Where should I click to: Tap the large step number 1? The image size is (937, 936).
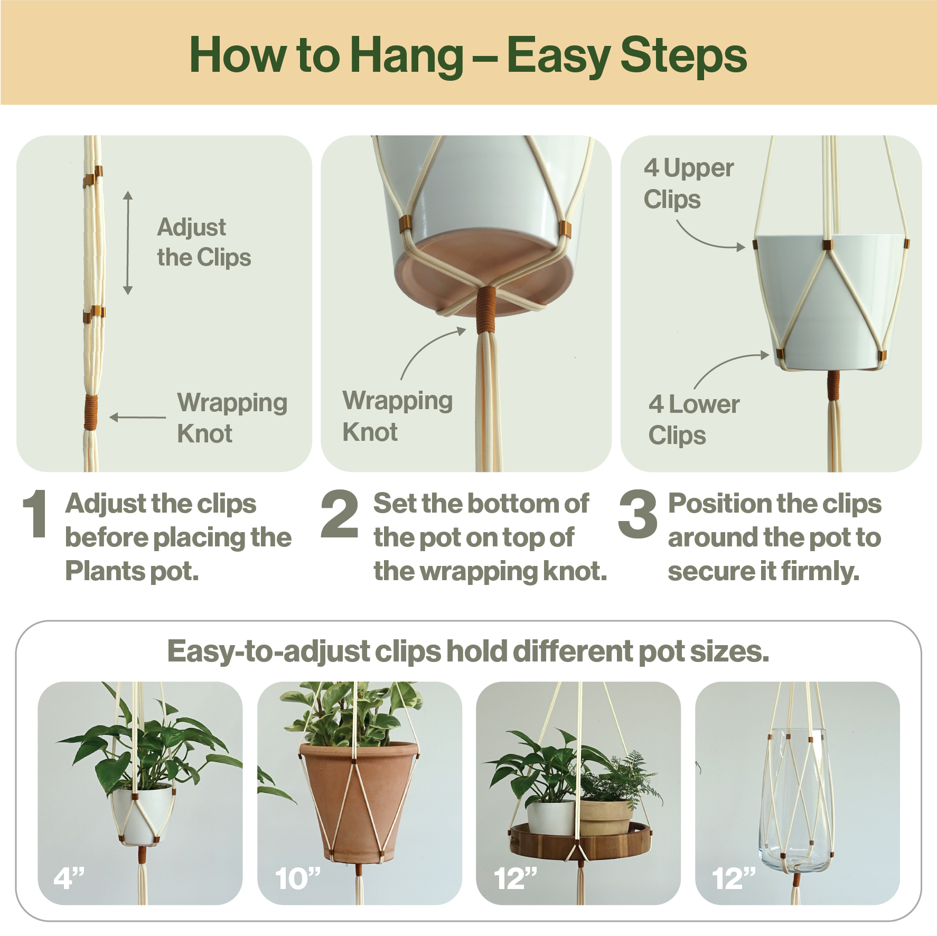click(35, 514)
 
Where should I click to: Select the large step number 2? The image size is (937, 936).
click(340, 514)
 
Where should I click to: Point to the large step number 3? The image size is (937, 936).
click(638, 514)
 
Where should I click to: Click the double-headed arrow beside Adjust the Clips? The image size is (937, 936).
click(128, 243)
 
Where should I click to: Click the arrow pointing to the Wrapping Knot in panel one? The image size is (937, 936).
click(138, 417)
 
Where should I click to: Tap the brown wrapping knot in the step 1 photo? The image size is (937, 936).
click(91, 412)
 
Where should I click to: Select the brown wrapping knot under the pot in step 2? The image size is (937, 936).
click(486, 310)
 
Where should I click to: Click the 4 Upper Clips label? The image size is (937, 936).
click(689, 184)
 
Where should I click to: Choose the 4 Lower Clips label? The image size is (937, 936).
click(694, 420)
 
